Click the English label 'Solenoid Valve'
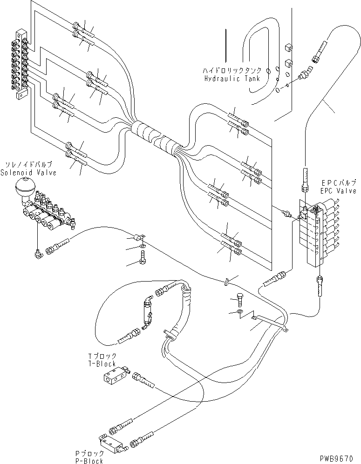pos(28,173)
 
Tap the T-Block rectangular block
pos(114,376)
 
